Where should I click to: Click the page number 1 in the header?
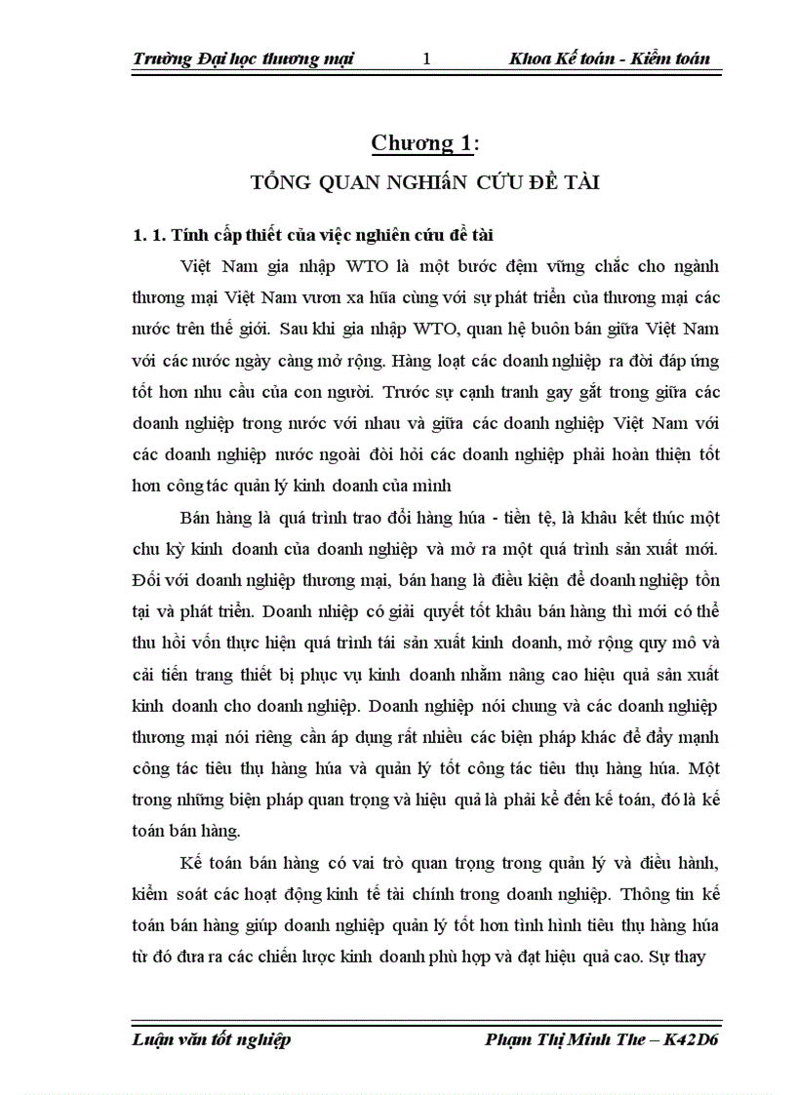point(426,59)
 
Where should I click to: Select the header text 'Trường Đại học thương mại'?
point(243,59)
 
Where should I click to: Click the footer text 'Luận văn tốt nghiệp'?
point(212,1039)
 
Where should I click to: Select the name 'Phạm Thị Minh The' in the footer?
point(564,1039)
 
